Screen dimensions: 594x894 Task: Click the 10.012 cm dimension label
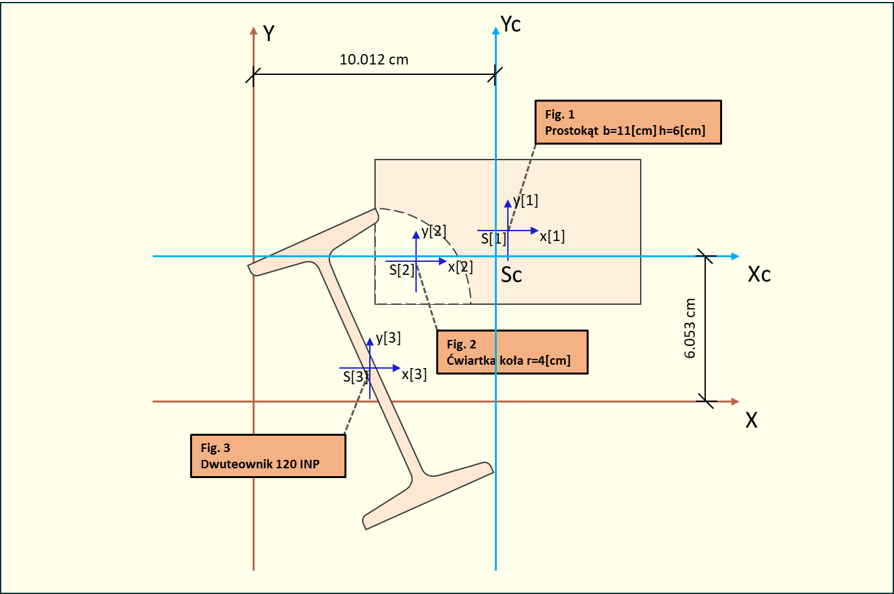pos(374,60)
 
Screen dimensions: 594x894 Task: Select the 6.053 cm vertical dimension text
pos(690,328)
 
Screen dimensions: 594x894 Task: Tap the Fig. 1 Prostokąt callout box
pos(628,122)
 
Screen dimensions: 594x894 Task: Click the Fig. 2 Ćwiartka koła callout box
pos(512,352)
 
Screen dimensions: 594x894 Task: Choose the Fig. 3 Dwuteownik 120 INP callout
pos(268,456)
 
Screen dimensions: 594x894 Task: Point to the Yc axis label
pos(510,25)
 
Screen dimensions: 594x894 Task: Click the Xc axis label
pos(759,274)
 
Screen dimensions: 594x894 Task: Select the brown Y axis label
pos(268,33)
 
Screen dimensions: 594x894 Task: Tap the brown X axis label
pos(751,420)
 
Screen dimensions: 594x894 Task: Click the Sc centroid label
pos(511,276)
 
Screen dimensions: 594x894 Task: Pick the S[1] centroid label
pos(493,239)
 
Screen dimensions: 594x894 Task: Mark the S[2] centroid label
pos(401,270)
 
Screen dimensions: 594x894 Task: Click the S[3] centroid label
pos(355,376)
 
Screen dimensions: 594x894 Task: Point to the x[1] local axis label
pos(552,236)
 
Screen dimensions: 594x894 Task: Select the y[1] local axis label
pos(525,201)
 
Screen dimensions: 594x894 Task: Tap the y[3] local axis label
pos(388,338)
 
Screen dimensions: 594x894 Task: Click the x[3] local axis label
pos(414,375)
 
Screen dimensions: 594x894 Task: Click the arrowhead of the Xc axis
pos(735,257)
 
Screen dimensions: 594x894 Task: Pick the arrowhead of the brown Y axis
pos(254,31)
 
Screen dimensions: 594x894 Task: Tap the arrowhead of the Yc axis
pos(496,29)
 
